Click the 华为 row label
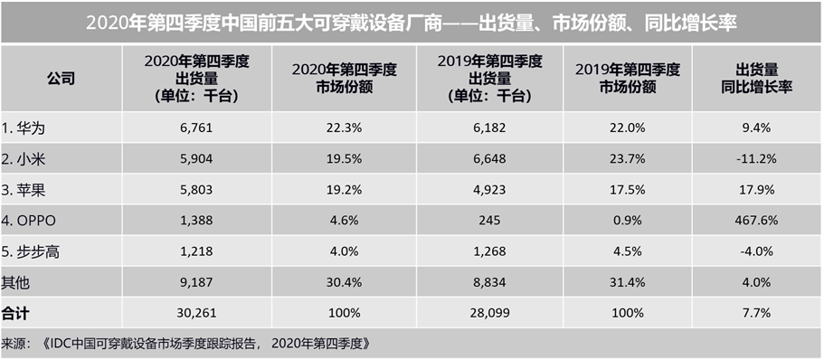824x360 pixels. click(x=25, y=128)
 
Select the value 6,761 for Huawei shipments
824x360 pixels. click(x=195, y=128)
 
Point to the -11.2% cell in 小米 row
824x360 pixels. click(x=757, y=159)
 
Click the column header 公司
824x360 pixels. click(x=61, y=78)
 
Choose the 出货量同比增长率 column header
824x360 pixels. click(x=757, y=78)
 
